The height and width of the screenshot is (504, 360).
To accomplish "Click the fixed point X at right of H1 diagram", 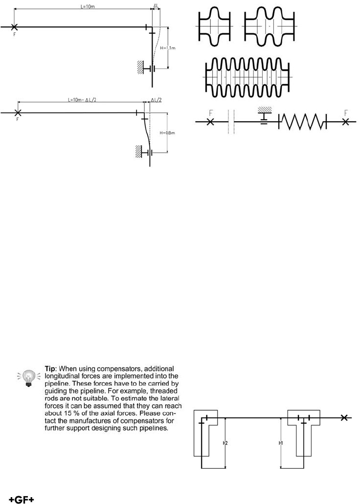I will pos(345,417).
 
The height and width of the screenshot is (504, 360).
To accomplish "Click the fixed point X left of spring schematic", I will pos(210,122).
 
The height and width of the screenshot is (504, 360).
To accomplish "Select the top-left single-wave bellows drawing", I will pos(213,26).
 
